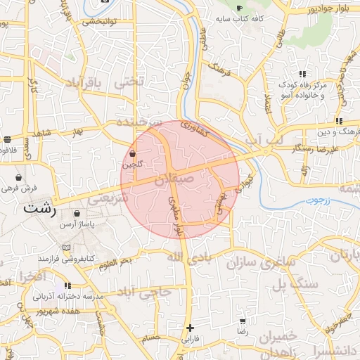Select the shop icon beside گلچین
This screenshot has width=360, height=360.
pyautogui.click(x=133, y=153)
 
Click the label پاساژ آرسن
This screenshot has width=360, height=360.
pyautogui.click(x=76, y=223)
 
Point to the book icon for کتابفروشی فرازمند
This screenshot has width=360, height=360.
pyautogui.click(x=66, y=248)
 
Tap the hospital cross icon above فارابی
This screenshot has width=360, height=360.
pyautogui.click(x=190, y=328)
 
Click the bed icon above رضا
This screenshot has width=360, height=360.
pyautogui.click(x=243, y=321)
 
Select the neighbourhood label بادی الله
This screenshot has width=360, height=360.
pyautogui.click(x=189, y=257)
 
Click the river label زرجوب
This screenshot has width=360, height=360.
pyautogui.click(x=318, y=200)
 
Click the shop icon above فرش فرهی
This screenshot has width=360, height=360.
pyautogui.click(x=18, y=177)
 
